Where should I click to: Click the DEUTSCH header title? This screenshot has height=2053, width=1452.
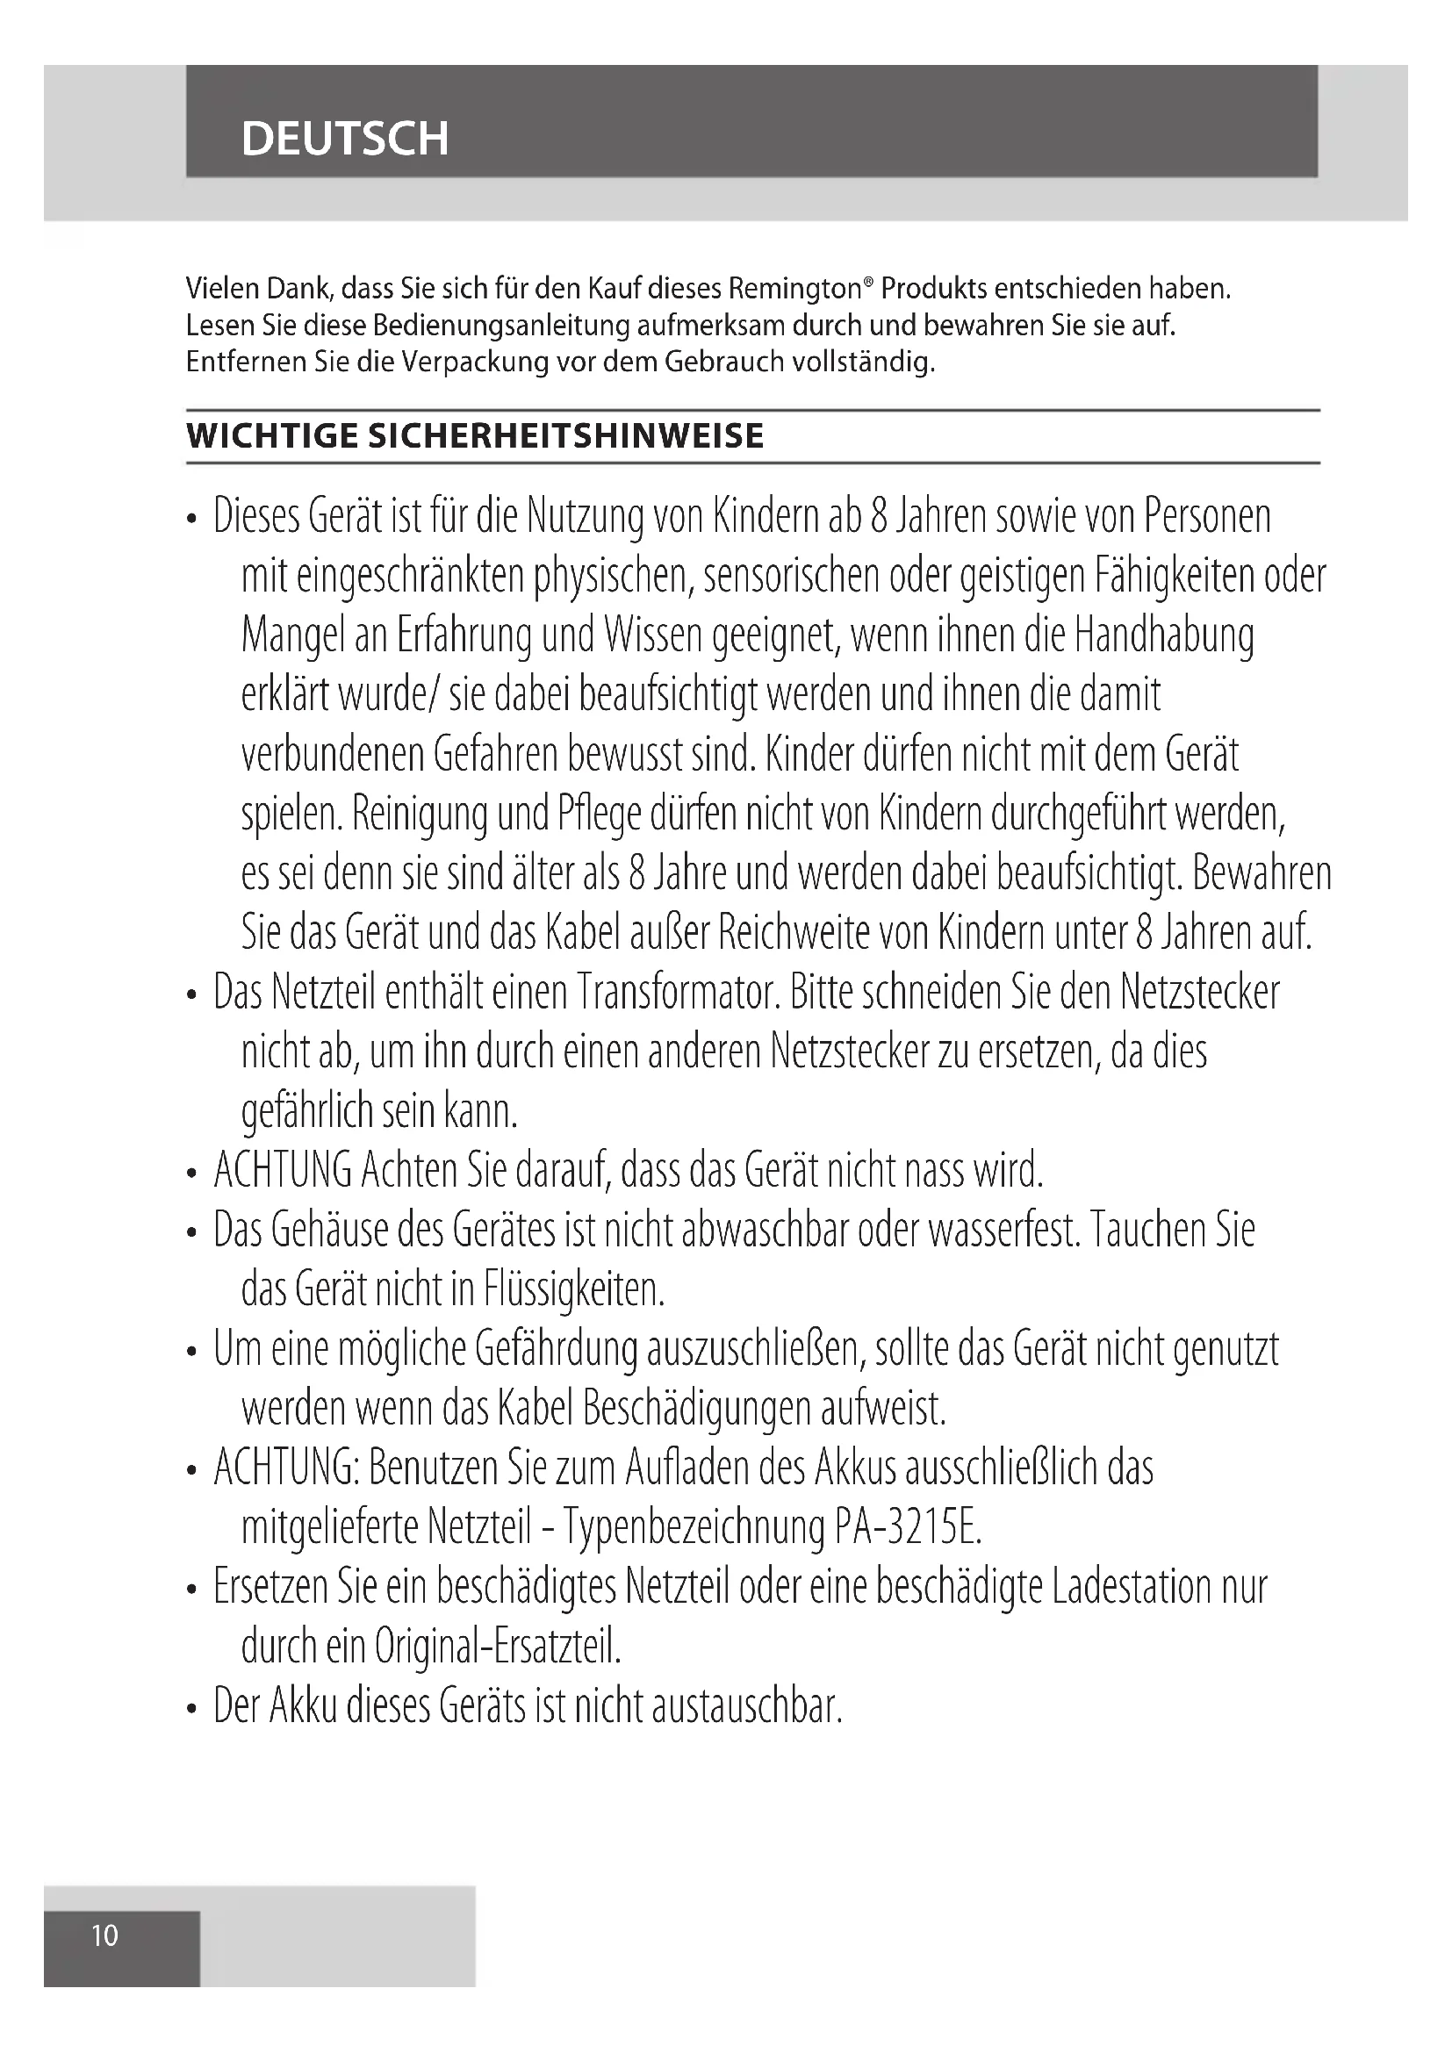344,139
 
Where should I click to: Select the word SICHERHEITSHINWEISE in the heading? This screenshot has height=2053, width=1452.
566,436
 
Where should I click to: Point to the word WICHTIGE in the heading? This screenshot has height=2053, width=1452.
272,436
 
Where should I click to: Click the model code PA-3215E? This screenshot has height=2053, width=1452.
909,1528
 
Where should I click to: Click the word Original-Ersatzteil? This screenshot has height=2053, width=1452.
497,1646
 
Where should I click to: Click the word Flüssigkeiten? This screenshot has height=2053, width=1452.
574,1289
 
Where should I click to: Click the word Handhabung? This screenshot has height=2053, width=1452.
1164,635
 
